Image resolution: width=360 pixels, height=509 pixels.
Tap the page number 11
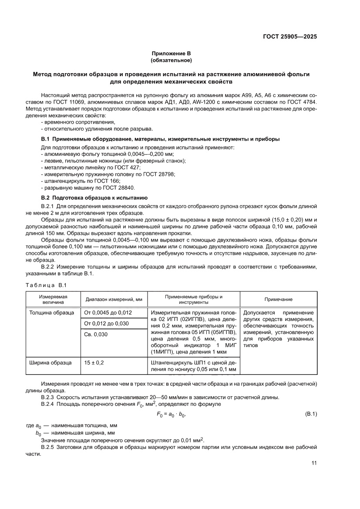pos(314,463)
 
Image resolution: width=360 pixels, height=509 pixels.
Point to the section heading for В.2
pos(94,198)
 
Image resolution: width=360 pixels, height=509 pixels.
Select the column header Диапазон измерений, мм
pos(114,300)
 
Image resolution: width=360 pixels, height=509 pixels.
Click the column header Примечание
pos(279,300)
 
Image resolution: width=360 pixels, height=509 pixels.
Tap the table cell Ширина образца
pos(49,362)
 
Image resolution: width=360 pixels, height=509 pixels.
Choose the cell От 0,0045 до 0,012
pos(108,313)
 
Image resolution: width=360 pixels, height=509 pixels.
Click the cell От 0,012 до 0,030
pos(106,324)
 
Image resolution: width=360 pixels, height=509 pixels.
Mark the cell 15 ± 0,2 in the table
pos(94,362)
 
